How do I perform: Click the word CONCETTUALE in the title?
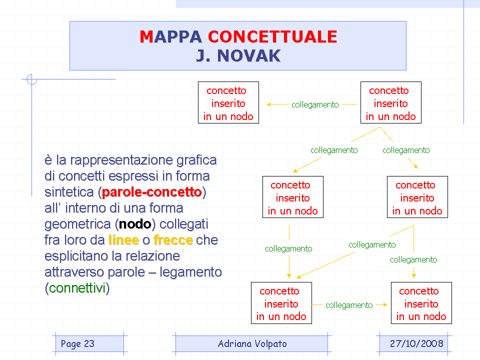pos(272,36)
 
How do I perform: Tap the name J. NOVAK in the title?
pos(238,55)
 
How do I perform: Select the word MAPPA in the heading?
pos(171,36)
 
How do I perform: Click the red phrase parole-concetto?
pos(152,192)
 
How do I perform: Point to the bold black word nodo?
pos(135,224)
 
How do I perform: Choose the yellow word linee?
pos(123,240)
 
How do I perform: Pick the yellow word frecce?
pos(173,240)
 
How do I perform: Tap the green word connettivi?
pos(77,288)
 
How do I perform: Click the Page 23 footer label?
pos(77,344)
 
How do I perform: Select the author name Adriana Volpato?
pos(252,344)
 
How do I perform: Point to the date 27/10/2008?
pos(416,343)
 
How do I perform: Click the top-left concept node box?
pos(228,102)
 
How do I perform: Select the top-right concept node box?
pos(391,102)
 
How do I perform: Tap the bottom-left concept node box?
pos(281,303)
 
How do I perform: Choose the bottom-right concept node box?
pos(421,303)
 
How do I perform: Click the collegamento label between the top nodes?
pos(315,104)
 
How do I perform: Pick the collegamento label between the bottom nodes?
pos(349,305)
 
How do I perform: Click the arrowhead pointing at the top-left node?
pos(269,104)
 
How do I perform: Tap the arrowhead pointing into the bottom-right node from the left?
pos(385,304)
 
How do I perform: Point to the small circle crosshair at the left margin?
pos(32,79)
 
